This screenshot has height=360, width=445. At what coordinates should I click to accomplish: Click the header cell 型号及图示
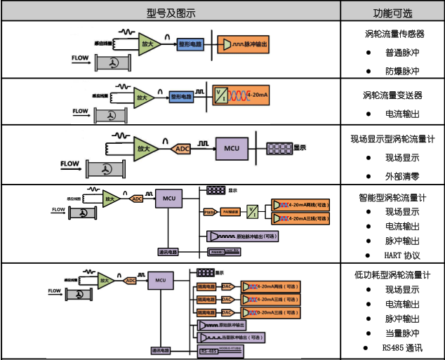click(x=171, y=11)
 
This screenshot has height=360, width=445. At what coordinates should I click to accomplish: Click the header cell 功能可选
click(x=392, y=12)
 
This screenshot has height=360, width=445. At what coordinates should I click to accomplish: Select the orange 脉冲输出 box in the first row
click(x=246, y=44)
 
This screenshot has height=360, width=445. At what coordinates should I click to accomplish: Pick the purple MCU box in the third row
click(x=232, y=149)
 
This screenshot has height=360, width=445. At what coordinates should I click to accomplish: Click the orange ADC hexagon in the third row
click(x=182, y=149)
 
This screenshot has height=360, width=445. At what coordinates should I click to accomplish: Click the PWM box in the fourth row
click(x=209, y=211)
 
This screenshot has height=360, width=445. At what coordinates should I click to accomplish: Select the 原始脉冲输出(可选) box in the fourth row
click(x=239, y=236)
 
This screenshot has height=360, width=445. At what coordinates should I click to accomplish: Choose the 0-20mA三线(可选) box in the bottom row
click(x=272, y=312)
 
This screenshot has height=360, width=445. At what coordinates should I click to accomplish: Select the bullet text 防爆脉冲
click(x=401, y=71)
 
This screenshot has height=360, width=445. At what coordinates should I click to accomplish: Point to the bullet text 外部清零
click(x=401, y=176)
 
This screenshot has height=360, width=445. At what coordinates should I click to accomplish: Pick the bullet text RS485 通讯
click(x=403, y=347)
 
